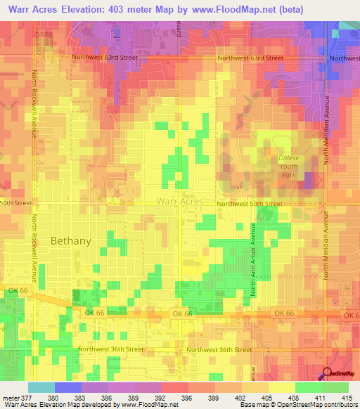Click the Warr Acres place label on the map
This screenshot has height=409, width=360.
tap(179, 201)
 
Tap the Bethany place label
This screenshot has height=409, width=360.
tap(70, 240)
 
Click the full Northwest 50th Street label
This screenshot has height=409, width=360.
tap(249, 204)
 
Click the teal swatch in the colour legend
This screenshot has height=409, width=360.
tap(41, 387)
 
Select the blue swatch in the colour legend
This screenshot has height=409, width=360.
tap(67, 387)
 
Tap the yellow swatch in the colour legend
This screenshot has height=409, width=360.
tap(281, 387)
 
